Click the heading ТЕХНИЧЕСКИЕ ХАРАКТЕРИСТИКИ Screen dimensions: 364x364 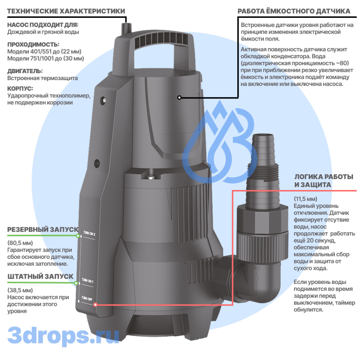click(x=66, y=11)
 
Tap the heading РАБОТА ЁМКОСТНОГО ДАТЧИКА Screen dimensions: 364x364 click(x=294, y=11)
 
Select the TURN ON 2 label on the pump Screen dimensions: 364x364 click(x=89, y=233)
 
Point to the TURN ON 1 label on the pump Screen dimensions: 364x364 click(x=87, y=280)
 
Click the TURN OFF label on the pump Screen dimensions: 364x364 click(x=87, y=298)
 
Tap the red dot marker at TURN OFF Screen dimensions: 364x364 click(x=95, y=304)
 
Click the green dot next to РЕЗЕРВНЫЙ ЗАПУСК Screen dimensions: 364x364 click(x=78, y=236)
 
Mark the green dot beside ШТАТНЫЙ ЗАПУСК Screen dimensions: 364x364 click(x=76, y=283)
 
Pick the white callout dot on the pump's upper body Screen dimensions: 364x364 click(x=179, y=98)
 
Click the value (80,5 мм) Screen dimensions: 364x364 click(x=20, y=243)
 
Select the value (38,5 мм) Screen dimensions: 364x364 click(x=20, y=290)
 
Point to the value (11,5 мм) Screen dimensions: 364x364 click(x=305, y=199)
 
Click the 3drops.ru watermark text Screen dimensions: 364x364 click(x=64, y=335)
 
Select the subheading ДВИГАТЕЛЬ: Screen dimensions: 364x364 click(x=25, y=71)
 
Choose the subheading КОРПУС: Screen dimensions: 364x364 click(x=20, y=88)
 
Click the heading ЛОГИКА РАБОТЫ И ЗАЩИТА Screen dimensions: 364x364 click(x=324, y=181)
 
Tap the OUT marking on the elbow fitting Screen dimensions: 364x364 click(x=256, y=268)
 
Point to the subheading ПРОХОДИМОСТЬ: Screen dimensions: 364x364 click(x=33, y=44)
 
